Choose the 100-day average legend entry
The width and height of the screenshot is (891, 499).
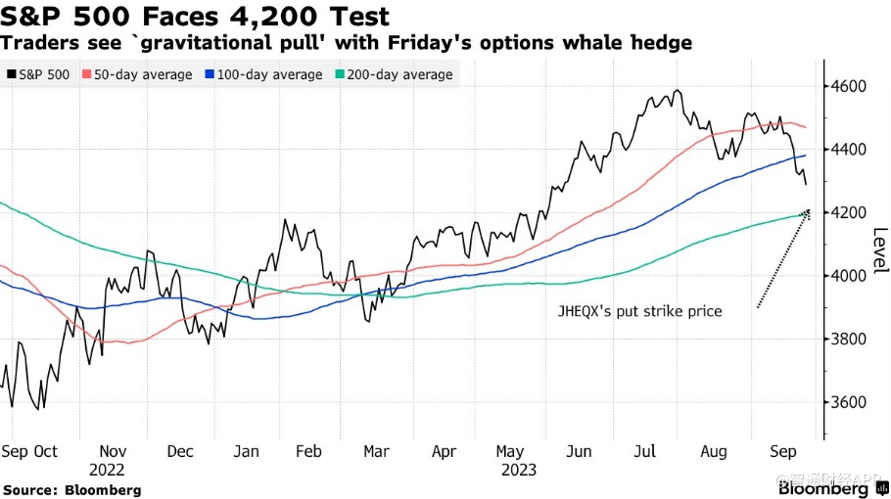(x=264, y=74)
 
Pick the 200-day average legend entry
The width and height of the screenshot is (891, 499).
(x=395, y=74)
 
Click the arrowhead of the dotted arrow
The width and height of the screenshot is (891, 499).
(x=808, y=212)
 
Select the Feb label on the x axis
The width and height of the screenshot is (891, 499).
(x=308, y=451)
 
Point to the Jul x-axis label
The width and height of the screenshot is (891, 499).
(x=644, y=451)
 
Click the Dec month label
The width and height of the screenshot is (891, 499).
(x=179, y=451)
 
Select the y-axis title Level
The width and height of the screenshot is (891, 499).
(x=880, y=250)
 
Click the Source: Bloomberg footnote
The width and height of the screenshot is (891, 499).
(x=71, y=489)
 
